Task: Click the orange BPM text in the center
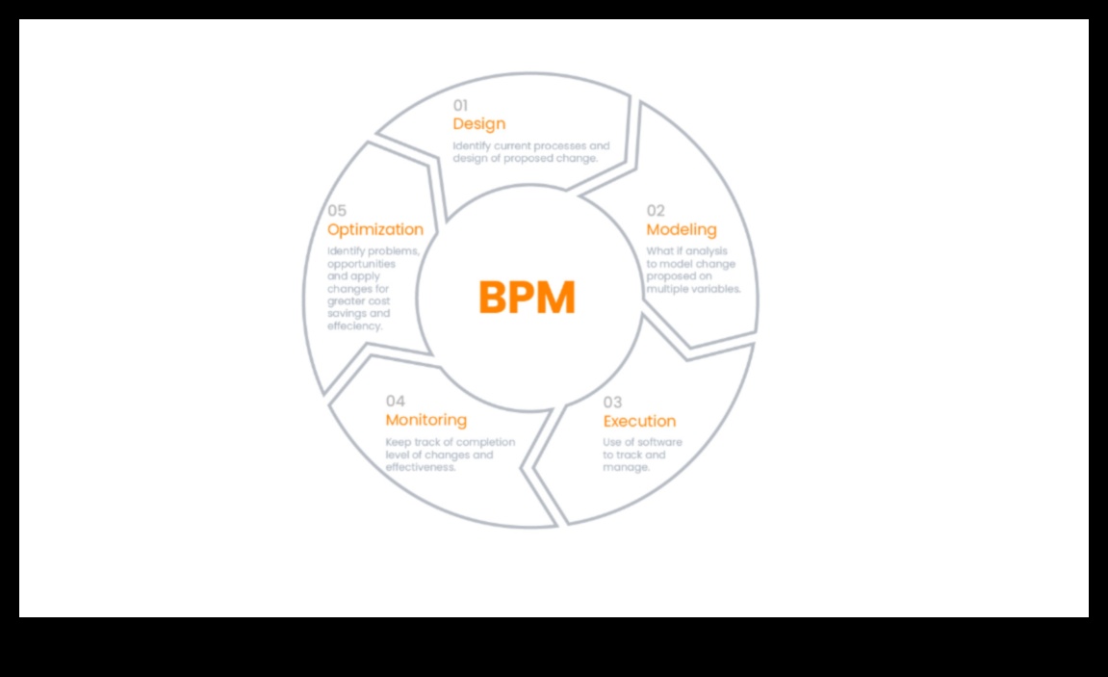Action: [x=527, y=298]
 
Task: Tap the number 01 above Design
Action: [x=462, y=105]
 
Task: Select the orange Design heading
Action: [x=478, y=124]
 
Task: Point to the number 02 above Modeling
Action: [x=656, y=211]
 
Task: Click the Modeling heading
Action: [x=682, y=229]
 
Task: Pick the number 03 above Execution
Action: [x=613, y=402]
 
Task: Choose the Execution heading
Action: [x=639, y=421]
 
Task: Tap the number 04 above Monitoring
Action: [x=396, y=401]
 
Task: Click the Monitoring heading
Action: [x=425, y=420]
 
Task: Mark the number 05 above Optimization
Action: [x=337, y=211]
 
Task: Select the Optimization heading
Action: [x=375, y=229]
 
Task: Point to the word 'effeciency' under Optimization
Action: [x=354, y=325]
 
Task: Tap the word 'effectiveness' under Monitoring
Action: [x=420, y=467]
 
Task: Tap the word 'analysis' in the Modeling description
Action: [x=708, y=252]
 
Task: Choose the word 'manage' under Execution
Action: [x=626, y=467]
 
